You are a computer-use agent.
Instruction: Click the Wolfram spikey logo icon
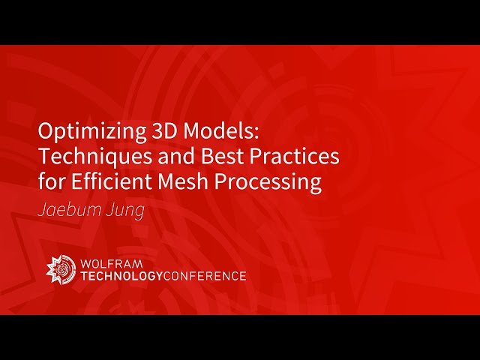click(60, 268)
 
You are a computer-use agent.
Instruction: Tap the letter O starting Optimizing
click(45, 133)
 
